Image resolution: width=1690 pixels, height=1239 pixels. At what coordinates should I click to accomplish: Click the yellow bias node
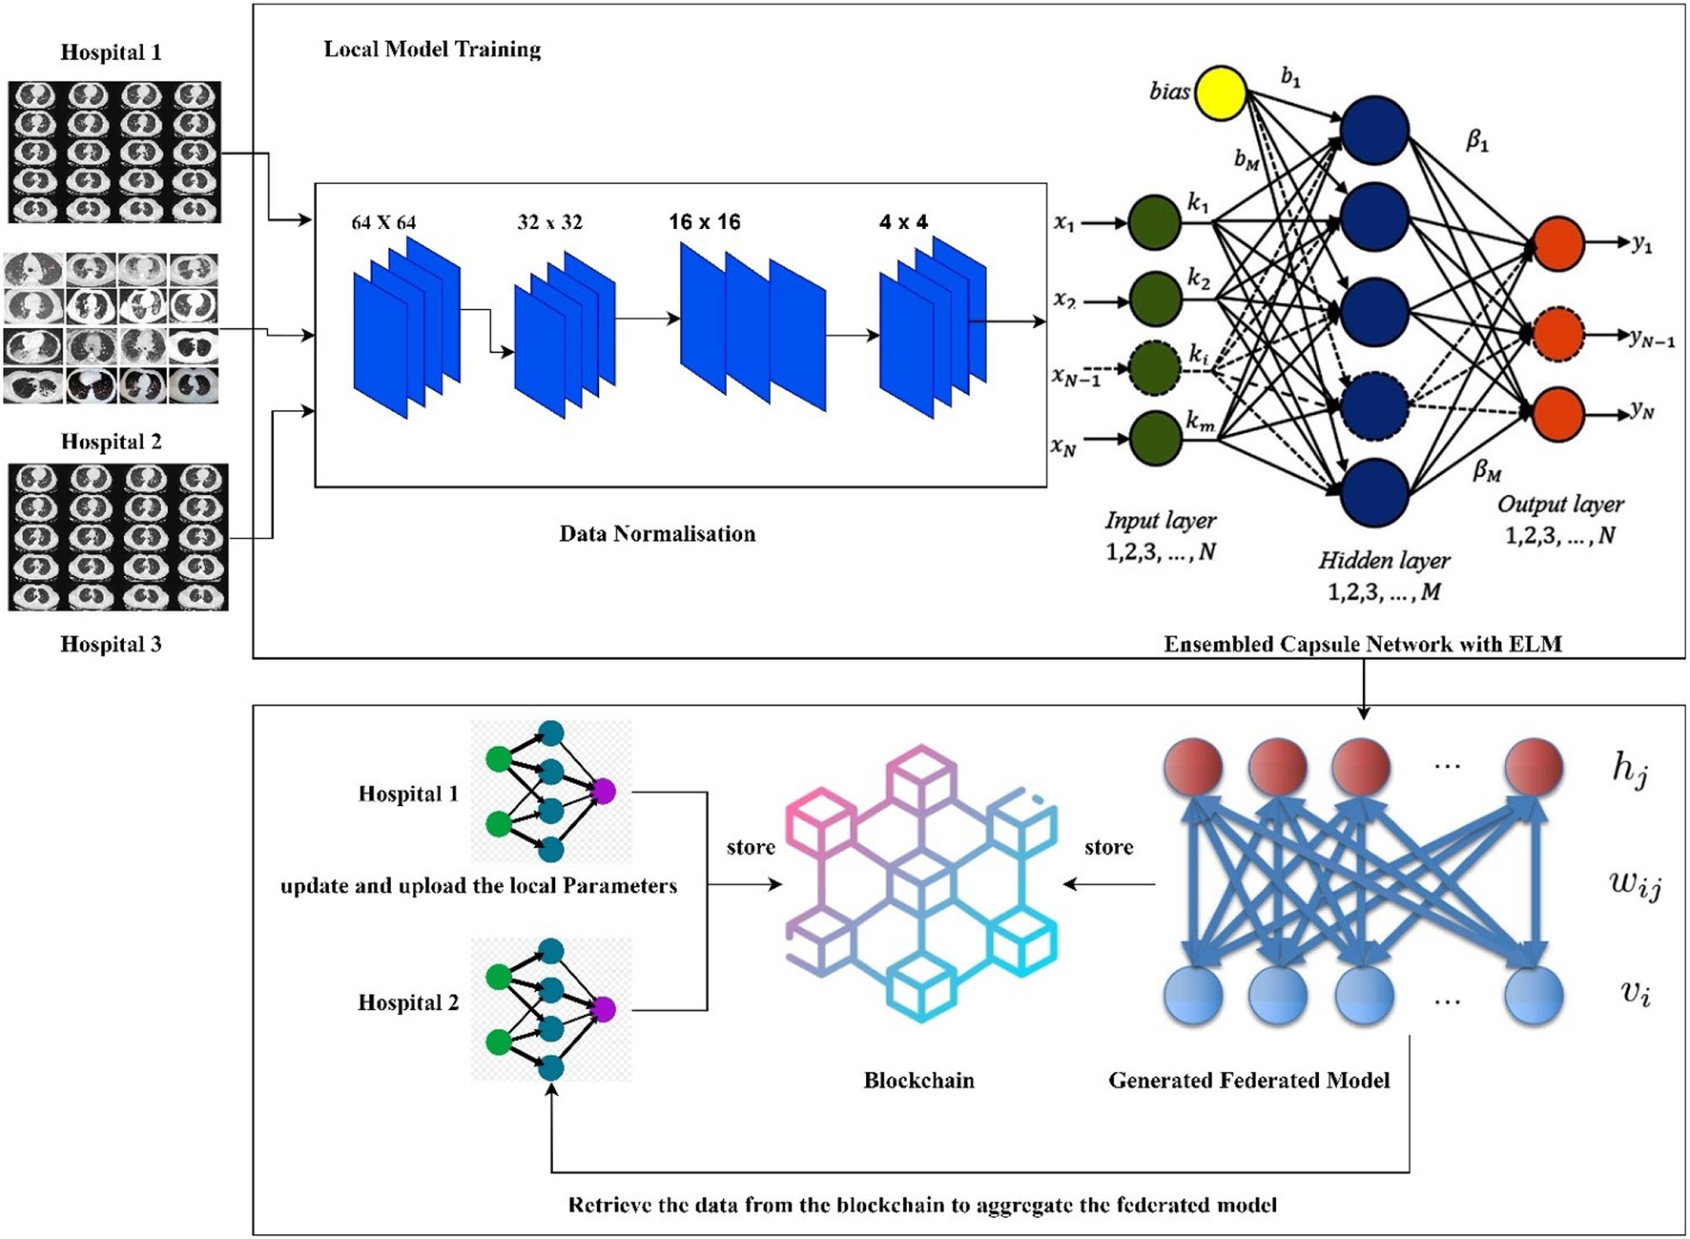1221,93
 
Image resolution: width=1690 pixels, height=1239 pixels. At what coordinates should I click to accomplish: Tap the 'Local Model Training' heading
432,50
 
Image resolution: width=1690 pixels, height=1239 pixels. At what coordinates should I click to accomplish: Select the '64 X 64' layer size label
383,222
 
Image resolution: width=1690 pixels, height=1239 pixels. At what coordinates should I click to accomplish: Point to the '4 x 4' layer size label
903,222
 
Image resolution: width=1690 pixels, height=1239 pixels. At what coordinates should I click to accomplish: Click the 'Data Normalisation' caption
657,534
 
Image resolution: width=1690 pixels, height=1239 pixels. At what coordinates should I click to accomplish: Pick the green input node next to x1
1155,223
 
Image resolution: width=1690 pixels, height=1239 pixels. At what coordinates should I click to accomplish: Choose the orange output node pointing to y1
1557,243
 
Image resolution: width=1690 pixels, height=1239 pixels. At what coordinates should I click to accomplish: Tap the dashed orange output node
1557,335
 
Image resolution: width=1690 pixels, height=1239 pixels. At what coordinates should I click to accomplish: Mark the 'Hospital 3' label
111,645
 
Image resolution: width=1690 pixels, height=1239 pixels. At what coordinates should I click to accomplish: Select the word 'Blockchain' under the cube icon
918,1081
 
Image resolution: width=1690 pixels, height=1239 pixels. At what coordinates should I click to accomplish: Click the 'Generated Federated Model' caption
1248,1081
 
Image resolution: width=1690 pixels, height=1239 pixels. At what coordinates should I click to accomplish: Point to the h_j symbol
1629,769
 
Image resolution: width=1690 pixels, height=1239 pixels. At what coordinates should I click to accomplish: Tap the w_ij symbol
1635,884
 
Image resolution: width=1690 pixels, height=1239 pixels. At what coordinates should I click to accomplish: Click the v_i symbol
1635,993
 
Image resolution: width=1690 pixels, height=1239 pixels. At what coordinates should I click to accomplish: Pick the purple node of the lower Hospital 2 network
603,1009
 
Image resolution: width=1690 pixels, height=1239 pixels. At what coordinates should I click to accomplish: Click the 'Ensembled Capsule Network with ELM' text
1362,645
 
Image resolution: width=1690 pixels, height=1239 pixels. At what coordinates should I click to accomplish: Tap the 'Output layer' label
1559,505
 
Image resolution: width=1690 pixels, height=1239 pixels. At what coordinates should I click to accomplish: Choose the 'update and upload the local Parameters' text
479,886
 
